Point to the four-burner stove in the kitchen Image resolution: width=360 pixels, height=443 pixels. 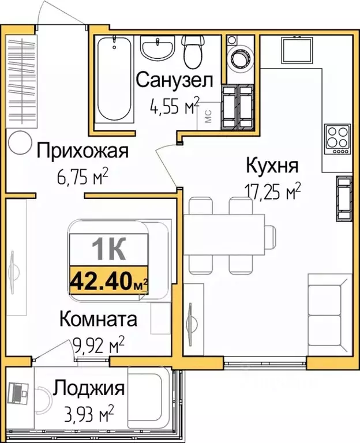[x=338, y=138]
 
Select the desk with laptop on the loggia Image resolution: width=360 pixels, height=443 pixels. [x=19, y=395]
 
